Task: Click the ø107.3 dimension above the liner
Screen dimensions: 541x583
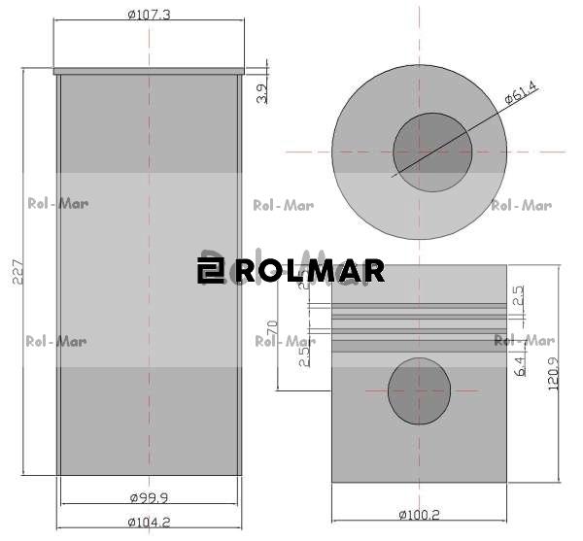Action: pyautogui.click(x=149, y=15)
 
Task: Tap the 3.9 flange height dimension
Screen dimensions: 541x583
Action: pyautogui.click(x=260, y=94)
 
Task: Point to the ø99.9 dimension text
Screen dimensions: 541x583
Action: pyautogui.click(x=149, y=497)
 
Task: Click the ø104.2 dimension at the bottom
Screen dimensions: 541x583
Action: pyautogui.click(x=149, y=523)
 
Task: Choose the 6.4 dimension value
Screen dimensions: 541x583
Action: pyautogui.click(x=519, y=366)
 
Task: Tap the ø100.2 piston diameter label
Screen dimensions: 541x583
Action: pyautogui.click(x=420, y=514)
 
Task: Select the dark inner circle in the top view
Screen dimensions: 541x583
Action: pyautogui.click(x=432, y=152)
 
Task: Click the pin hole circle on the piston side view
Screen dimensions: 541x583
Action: pyautogui.click(x=419, y=391)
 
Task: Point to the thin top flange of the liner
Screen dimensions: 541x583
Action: pyautogui.click(x=149, y=71)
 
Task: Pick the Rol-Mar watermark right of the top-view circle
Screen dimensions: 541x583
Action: pyautogui.click(x=522, y=205)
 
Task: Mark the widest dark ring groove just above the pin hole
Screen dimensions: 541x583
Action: pyautogui.click(x=419, y=344)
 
